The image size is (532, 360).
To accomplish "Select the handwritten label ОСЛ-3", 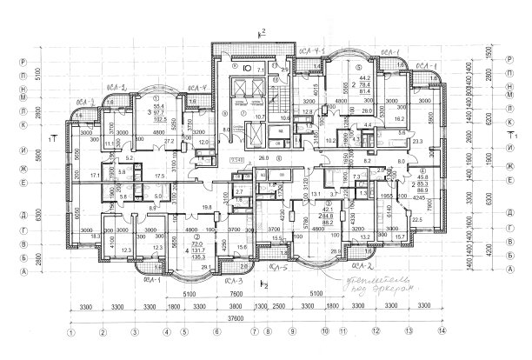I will point(230,283).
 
